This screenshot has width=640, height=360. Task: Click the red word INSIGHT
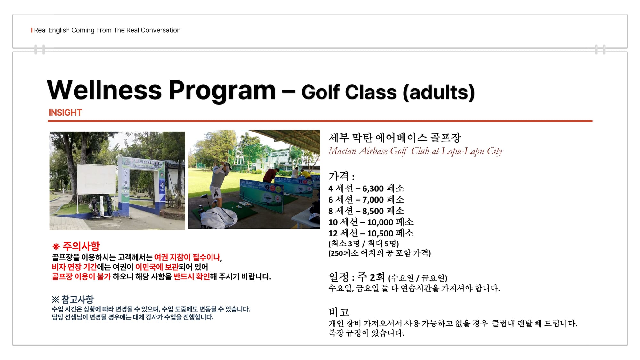[x=65, y=113]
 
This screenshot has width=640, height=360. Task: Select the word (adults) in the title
[x=439, y=92]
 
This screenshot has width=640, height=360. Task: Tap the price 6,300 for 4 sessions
[x=373, y=189]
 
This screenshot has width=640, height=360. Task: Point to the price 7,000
[x=373, y=200]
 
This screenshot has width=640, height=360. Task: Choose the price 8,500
[x=373, y=211]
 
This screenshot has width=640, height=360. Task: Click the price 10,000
[x=380, y=222]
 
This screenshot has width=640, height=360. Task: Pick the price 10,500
[x=380, y=234]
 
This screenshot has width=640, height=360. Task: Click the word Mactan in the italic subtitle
[x=342, y=151]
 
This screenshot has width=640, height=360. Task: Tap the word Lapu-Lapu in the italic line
[x=463, y=151]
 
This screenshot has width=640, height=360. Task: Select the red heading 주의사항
[x=81, y=246]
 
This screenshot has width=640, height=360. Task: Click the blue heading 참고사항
[x=77, y=300]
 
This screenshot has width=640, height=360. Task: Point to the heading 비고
[x=339, y=312]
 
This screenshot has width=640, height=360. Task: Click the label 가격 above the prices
[x=339, y=176]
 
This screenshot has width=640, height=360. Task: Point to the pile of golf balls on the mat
[x=244, y=204]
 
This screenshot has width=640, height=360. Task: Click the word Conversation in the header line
[x=161, y=30]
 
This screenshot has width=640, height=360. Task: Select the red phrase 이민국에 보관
[x=157, y=267]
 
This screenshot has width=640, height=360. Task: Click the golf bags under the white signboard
[x=100, y=206]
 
